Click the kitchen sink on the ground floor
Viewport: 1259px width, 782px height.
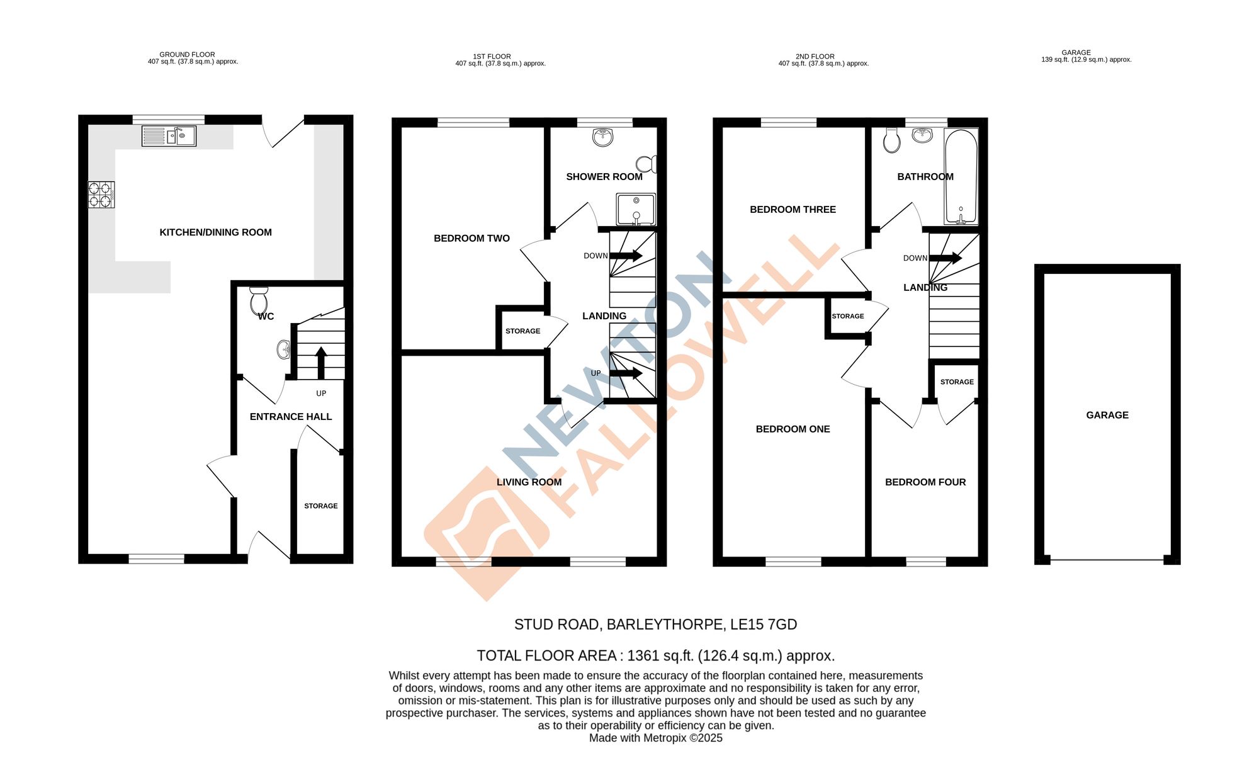click(169, 136)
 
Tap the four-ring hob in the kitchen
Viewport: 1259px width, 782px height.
click(101, 195)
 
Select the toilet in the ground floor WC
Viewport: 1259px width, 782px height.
click(259, 301)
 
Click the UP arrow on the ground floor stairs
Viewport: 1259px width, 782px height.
click(320, 362)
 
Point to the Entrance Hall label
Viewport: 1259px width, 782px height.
click(290, 417)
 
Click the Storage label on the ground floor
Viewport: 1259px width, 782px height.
click(321, 506)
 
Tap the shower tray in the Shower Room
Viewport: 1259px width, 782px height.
click(636, 210)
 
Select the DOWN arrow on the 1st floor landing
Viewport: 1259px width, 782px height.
click(626, 256)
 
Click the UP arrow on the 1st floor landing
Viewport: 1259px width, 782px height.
click(626, 373)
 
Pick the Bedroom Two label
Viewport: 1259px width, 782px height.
click(471, 239)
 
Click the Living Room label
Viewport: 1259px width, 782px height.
click(529, 482)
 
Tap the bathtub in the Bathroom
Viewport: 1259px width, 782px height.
click(961, 176)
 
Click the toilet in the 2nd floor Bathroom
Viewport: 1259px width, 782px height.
click(891, 140)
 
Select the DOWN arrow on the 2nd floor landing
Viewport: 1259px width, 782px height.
click(946, 258)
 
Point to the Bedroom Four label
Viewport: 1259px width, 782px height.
click(925, 482)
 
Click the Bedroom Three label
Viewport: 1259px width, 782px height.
click(793, 210)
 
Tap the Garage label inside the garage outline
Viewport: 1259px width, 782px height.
click(1107, 416)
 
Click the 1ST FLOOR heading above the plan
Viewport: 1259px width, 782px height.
click(492, 57)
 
